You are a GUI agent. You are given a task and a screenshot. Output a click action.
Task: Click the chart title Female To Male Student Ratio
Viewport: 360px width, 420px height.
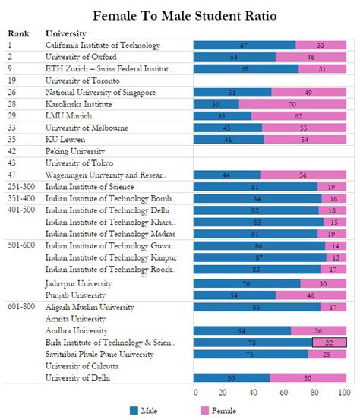180,14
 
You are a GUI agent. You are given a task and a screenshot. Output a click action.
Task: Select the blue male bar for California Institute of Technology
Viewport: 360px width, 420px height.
243,46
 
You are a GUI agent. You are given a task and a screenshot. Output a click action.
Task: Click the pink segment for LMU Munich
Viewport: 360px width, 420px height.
298,115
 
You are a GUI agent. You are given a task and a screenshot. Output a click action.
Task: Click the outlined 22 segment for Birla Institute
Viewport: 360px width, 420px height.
329,342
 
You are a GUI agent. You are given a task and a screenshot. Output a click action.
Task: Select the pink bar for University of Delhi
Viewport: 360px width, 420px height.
307,377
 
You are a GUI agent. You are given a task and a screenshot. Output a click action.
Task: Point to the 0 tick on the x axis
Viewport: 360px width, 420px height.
196,392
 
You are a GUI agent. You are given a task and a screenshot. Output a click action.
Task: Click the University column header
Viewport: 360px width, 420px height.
65,33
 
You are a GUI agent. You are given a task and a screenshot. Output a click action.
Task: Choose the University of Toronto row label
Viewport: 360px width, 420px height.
80,80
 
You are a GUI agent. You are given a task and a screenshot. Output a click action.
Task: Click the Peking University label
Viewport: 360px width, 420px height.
72,151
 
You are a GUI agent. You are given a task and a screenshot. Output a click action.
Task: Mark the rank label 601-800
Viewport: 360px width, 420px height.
23,307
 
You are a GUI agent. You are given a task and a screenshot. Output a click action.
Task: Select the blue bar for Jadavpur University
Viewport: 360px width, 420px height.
246,283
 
